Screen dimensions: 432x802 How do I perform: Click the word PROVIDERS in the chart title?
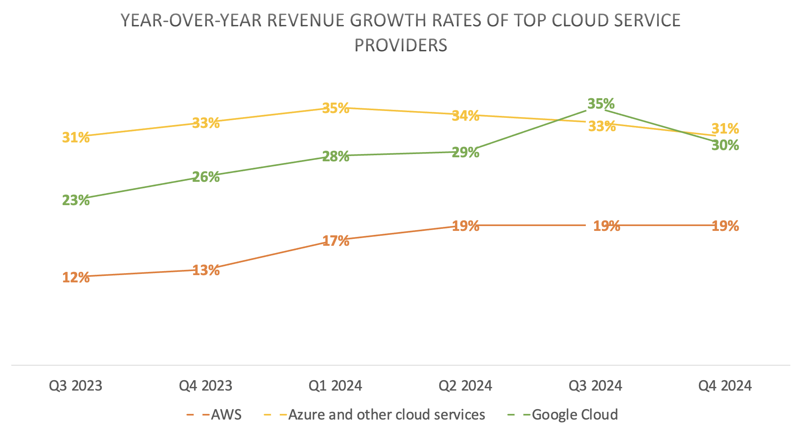click(401, 45)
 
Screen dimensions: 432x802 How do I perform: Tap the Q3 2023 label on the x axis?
click(76, 386)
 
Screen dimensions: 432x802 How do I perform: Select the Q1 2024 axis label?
click(335, 386)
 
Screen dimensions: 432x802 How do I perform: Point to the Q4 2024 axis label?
click(725, 386)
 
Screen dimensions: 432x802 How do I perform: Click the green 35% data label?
click(601, 104)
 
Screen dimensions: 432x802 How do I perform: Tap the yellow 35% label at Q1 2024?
click(335, 108)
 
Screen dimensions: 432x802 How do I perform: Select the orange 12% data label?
click(76, 277)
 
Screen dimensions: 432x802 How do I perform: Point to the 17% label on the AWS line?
click(335, 241)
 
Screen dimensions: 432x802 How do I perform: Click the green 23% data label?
click(76, 200)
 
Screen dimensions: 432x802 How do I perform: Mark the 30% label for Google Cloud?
click(725, 145)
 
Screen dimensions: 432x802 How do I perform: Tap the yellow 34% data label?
click(465, 116)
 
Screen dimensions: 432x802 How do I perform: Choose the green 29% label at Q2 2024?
click(465, 152)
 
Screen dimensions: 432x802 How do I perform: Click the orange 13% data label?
click(206, 270)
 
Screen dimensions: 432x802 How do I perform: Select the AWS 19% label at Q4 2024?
click(725, 226)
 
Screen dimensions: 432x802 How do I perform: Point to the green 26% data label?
click(206, 177)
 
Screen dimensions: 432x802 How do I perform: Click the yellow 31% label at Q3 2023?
click(76, 138)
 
